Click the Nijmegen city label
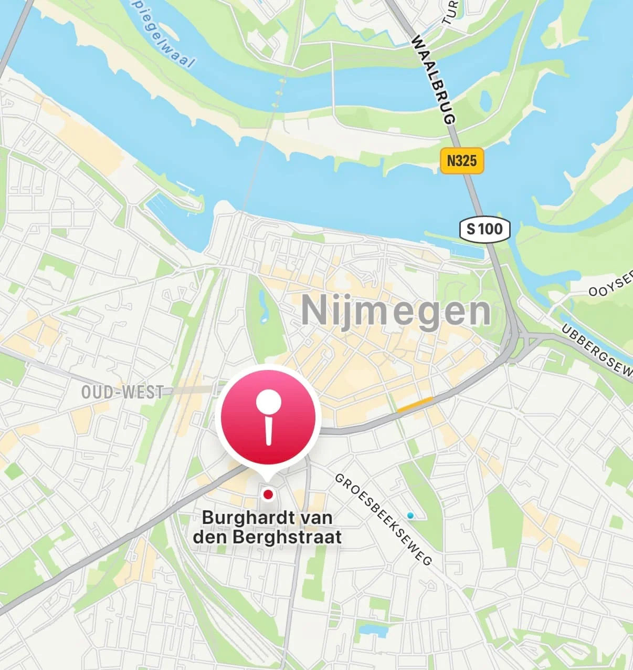tap(396, 311)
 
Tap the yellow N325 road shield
tap(461, 160)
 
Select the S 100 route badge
tap(484, 229)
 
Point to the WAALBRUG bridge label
tap(434, 79)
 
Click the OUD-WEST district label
tap(123, 392)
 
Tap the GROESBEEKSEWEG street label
tap(383, 519)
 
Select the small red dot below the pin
tap(268, 494)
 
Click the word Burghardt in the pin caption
tap(241, 518)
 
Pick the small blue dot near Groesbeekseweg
tap(410, 516)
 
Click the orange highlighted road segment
tap(415, 404)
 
